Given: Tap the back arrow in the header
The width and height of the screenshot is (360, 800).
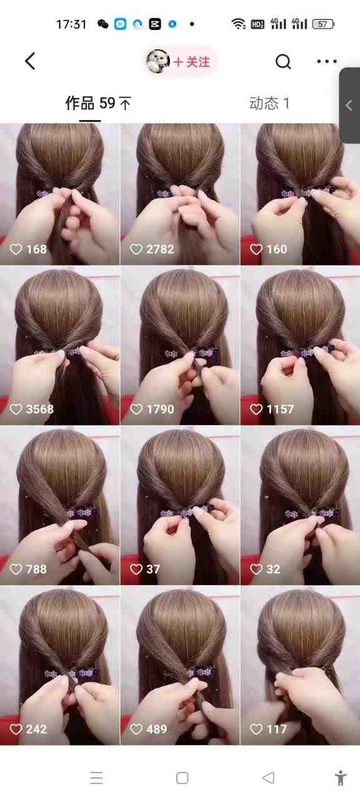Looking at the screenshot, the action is (30, 61).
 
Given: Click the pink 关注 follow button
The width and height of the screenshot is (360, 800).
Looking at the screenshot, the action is (191, 62).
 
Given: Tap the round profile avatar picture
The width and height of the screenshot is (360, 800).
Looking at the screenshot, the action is (158, 62).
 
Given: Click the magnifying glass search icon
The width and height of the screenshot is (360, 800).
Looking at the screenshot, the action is (283, 62).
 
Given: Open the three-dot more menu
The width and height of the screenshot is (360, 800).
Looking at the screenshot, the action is (327, 61).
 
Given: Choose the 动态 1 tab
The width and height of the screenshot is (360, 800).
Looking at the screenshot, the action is (269, 103).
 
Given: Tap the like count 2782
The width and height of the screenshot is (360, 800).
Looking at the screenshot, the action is (160, 249).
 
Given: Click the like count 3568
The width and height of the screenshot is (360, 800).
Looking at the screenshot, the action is (39, 409).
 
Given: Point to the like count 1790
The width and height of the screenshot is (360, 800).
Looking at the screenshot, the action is (160, 409).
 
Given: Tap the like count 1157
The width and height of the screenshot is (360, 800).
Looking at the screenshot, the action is (280, 409).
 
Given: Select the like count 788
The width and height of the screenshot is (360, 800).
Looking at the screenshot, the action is (36, 569).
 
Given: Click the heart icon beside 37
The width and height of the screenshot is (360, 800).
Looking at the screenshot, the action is (136, 569).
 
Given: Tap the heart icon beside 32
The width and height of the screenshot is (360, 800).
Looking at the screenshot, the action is (256, 569).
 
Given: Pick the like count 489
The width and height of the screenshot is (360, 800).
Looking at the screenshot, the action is (157, 729).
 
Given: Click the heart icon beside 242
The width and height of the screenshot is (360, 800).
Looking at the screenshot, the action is (16, 729).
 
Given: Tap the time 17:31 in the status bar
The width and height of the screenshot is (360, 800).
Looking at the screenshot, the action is (71, 24).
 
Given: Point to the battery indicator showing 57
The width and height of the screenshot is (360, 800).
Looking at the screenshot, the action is (323, 24).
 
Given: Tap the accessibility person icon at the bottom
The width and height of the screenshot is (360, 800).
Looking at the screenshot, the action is (341, 777).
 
